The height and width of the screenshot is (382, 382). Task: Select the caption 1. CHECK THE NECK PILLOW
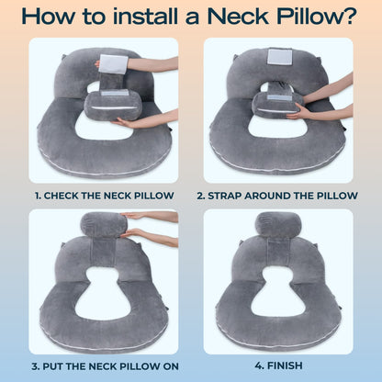click(x=103, y=196)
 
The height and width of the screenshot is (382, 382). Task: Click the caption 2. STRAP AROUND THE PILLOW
click(x=279, y=196)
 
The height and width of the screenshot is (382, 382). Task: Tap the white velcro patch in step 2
click(x=280, y=57)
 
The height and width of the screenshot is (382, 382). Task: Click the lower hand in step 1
click(x=147, y=119)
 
